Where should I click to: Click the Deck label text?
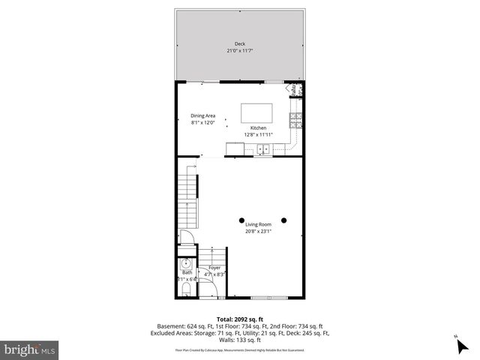(x=240, y=44)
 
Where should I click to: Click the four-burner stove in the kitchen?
(x=295, y=118)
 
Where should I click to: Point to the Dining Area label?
(x=202, y=115)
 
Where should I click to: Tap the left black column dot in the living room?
(x=241, y=220)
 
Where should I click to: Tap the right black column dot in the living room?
(x=284, y=220)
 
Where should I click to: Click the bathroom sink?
(x=184, y=265)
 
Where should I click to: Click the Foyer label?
(x=214, y=268)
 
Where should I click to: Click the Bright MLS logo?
(x=30, y=349)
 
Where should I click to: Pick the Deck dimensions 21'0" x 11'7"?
(x=240, y=51)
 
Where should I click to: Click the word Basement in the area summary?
(x=172, y=326)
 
